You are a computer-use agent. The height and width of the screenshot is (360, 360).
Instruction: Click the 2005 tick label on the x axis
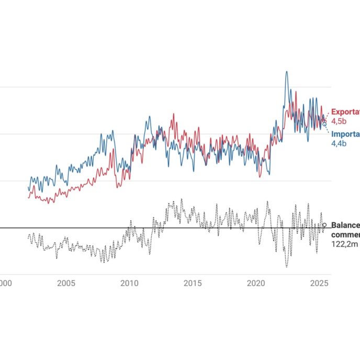pos(66,284)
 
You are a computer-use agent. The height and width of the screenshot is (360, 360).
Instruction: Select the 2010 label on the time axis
pos(129,284)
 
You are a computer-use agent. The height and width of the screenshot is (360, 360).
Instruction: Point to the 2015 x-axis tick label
pos(193,284)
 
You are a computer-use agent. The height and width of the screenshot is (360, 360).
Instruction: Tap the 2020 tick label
pos(256,284)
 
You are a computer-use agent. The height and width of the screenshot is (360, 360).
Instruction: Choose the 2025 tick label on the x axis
pos(319,284)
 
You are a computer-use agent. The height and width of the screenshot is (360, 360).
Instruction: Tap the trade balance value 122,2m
pos(341,244)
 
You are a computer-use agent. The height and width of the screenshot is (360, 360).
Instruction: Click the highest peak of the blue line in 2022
pos(286,72)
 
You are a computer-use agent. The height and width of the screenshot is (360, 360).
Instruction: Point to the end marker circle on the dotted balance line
pos(324,225)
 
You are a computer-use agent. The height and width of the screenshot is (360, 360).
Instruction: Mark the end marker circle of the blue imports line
pos(324,124)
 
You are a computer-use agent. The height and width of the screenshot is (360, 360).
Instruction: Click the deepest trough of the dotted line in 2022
pos(286,267)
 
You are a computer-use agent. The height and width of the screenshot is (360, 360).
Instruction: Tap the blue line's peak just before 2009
pos(111,131)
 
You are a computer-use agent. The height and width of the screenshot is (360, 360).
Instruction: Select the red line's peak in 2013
pos(172,114)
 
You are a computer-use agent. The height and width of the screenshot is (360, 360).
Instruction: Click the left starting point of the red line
pos(28,197)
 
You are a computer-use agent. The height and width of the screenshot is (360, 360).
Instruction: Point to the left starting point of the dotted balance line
pos(28,237)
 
